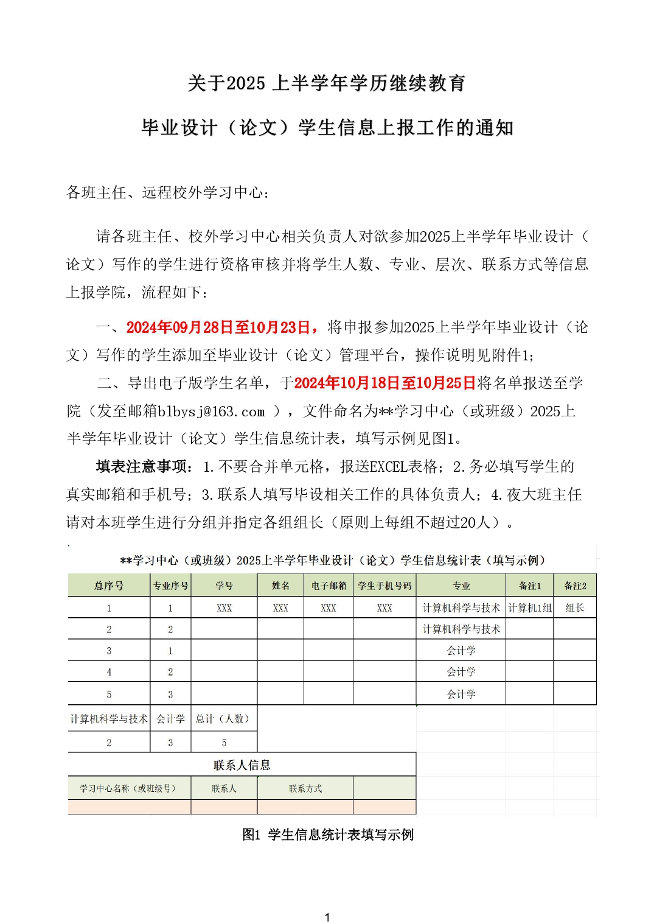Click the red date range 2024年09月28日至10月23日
click(x=221, y=327)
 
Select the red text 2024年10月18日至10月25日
click(x=384, y=383)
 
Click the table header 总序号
click(x=109, y=586)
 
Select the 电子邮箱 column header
click(x=329, y=586)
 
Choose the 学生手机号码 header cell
click(x=384, y=586)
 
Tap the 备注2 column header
click(x=575, y=586)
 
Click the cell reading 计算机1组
click(x=530, y=607)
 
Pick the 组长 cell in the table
click(x=575, y=607)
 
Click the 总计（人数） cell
click(x=224, y=719)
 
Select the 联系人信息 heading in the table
click(x=242, y=765)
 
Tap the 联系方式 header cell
click(x=305, y=789)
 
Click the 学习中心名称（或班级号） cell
click(x=129, y=789)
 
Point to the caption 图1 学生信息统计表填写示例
click(x=327, y=835)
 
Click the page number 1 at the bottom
click(x=327, y=917)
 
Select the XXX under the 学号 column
click(x=224, y=608)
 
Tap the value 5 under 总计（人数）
click(x=224, y=743)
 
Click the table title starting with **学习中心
click(x=332, y=561)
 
